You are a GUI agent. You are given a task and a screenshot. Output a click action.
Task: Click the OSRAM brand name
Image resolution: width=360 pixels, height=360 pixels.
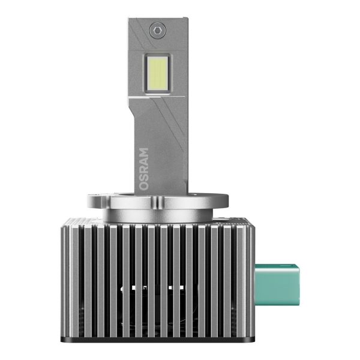(143, 169)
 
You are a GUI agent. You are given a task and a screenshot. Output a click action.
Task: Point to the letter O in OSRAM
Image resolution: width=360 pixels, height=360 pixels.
(143, 185)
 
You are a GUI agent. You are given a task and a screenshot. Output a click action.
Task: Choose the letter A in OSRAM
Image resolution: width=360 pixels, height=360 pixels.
(143, 161)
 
